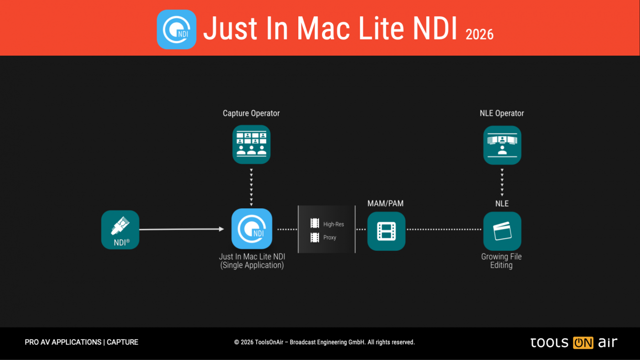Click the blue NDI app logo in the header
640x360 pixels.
pyautogui.click(x=176, y=30)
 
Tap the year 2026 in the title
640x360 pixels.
pyautogui.click(x=479, y=34)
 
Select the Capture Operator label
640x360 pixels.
pyautogui.click(x=251, y=113)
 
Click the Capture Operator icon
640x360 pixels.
pyautogui.click(x=252, y=144)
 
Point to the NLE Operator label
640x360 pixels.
pyautogui.click(x=502, y=113)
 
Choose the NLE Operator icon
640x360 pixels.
pyautogui.click(x=502, y=145)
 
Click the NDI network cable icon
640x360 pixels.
pyautogui.click(x=120, y=229)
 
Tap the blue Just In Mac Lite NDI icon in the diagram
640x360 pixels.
pyautogui.click(x=252, y=229)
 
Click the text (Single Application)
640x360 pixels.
pyautogui.click(x=252, y=265)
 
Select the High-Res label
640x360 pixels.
pyautogui.click(x=333, y=225)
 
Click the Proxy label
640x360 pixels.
pyautogui.click(x=330, y=237)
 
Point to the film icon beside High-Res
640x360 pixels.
pyautogui.click(x=315, y=224)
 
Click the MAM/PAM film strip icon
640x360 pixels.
pyautogui.click(x=386, y=231)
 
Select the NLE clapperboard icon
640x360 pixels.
pyautogui.click(x=502, y=231)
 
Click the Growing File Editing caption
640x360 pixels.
pyautogui.click(x=501, y=261)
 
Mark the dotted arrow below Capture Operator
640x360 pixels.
pyautogui.click(x=252, y=187)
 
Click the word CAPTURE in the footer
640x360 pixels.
pyautogui.click(x=123, y=342)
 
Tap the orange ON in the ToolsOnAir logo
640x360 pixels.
pyautogui.click(x=583, y=343)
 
